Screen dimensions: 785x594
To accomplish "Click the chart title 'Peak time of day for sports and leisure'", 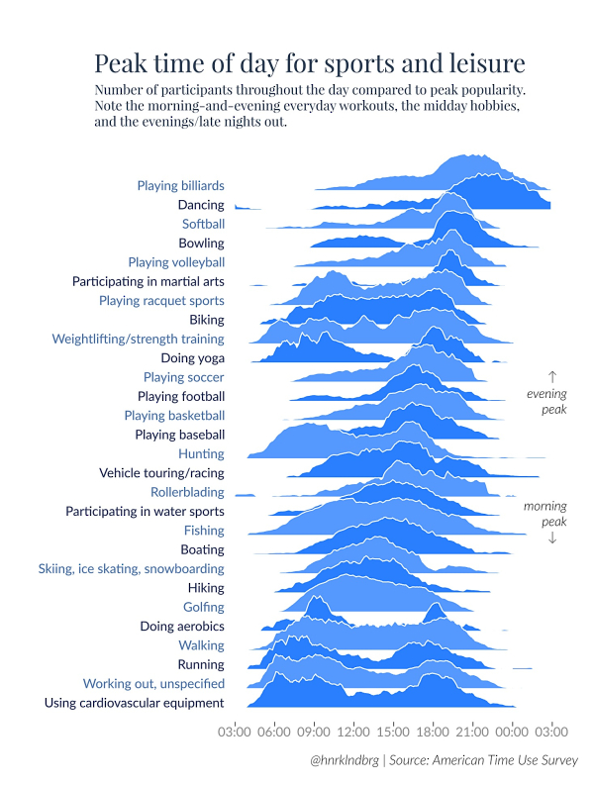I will (x=309, y=64).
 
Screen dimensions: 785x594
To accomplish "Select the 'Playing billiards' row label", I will (x=180, y=185).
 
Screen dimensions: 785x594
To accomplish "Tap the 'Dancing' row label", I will (x=201, y=205).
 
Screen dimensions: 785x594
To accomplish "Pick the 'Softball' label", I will (x=203, y=224).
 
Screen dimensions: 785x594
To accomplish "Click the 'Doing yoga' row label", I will (x=192, y=358).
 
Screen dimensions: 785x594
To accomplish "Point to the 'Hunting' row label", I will (x=202, y=453).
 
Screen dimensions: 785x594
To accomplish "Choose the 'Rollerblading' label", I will (x=187, y=492).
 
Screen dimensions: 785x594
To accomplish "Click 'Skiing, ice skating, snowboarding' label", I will (x=131, y=569).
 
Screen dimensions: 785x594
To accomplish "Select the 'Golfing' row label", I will (x=204, y=607).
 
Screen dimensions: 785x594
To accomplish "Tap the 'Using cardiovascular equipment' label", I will (x=135, y=703).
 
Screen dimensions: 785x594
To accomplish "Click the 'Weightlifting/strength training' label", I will (x=138, y=339).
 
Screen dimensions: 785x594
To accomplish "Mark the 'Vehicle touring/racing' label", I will (x=161, y=473).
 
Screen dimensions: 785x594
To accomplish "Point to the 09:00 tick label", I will (x=314, y=733).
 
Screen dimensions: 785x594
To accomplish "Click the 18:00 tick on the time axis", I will (x=433, y=733).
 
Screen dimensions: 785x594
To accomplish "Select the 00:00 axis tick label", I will (x=512, y=733).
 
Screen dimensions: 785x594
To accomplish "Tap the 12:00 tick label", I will (x=353, y=733).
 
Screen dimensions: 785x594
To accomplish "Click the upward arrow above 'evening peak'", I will (x=552, y=376).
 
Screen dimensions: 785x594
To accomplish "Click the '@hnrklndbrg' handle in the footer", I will (x=344, y=760).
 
